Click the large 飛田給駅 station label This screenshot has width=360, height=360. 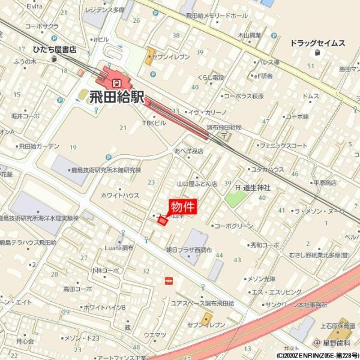[x=116, y=97]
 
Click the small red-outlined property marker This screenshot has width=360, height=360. [x=162, y=221]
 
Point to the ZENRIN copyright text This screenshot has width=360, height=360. [x=317, y=356]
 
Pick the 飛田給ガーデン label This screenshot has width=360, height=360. [x=38, y=146]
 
